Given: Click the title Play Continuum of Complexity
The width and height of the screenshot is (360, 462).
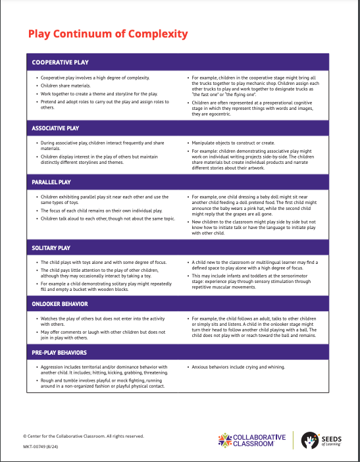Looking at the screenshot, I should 108,34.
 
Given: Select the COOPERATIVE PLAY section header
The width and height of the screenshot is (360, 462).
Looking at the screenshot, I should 60,63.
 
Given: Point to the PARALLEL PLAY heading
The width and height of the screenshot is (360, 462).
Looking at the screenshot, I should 52,182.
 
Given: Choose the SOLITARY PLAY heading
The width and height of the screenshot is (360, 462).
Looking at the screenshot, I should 52,247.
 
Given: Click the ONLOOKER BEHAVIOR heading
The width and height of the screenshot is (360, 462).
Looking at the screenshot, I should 61,303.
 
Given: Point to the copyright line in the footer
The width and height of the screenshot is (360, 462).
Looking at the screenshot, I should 83,436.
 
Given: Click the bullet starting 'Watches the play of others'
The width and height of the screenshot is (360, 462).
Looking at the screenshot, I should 105,321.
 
